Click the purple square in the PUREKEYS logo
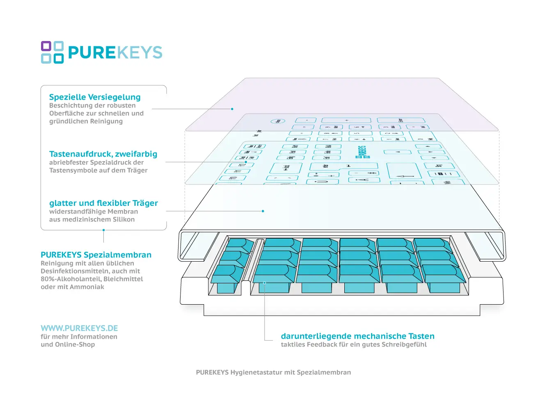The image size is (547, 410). tap(46, 46)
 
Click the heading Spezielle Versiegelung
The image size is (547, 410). tap(95, 97)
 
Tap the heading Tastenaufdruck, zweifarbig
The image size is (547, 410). tap(103, 154)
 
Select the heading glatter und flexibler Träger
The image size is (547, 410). tap(103, 203)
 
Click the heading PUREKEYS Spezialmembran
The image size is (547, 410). tap(96, 255)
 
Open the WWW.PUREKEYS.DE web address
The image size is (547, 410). tap(79, 328)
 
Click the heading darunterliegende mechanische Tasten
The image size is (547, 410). tap(357, 336)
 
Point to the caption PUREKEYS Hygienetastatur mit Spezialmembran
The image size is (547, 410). tap(273, 373)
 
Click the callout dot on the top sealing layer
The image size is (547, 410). tap(232, 109)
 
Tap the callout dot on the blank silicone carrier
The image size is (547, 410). tap(263, 211)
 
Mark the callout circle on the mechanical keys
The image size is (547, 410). tap(265, 283)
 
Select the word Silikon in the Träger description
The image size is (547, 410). tap(124, 220)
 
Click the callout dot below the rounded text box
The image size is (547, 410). tap(103, 230)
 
